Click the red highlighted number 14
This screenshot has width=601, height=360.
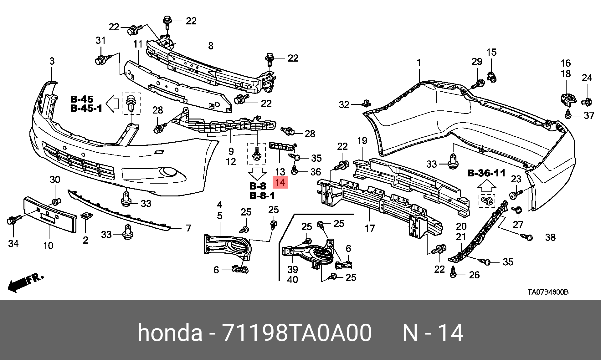pyautogui.click(x=280, y=182)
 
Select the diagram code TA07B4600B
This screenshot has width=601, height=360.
pyautogui.click(x=548, y=292)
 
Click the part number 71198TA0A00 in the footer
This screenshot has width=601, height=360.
pyautogui.click(x=297, y=332)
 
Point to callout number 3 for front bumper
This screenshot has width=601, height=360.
pyautogui.click(x=52, y=61)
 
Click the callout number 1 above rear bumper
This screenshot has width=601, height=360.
pyautogui.click(x=419, y=63)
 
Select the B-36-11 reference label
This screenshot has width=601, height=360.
pyautogui.click(x=486, y=173)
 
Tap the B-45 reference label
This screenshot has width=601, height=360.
pyautogui.click(x=82, y=99)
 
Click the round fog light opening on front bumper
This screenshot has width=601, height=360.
pyautogui.click(x=168, y=172)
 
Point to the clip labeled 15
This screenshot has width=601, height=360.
pyautogui.click(x=491, y=76)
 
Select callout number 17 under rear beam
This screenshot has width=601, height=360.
pyautogui.click(x=370, y=228)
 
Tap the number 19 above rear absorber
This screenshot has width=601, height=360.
pyautogui.click(x=362, y=141)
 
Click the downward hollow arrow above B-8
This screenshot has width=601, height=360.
pyautogui.click(x=257, y=174)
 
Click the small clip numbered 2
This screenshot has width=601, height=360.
pyautogui.click(x=86, y=216)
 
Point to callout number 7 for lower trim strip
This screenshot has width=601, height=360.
pyautogui.click(x=188, y=228)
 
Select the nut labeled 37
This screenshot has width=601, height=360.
pyautogui.click(x=568, y=115)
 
